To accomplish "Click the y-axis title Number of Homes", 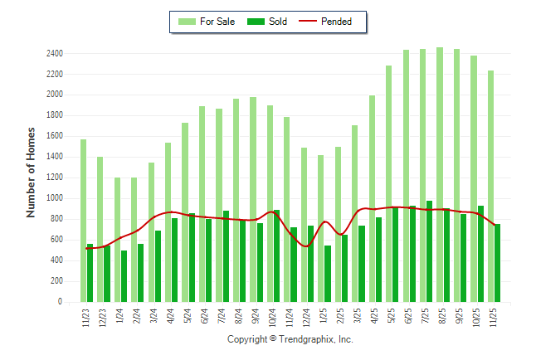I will point(32,173).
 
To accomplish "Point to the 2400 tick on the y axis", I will point(55,53).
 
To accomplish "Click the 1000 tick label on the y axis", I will point(55,198).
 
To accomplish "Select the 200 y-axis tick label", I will point(57,281).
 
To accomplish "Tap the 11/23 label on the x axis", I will point(87,319).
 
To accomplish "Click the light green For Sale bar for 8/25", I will point(439,174).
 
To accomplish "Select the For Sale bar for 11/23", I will point(83,221).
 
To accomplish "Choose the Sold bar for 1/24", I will point(124,276).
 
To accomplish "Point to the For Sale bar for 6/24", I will point(202,204).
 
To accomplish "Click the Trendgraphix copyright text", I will point(290,340).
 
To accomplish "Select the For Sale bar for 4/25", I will point(372,198).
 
